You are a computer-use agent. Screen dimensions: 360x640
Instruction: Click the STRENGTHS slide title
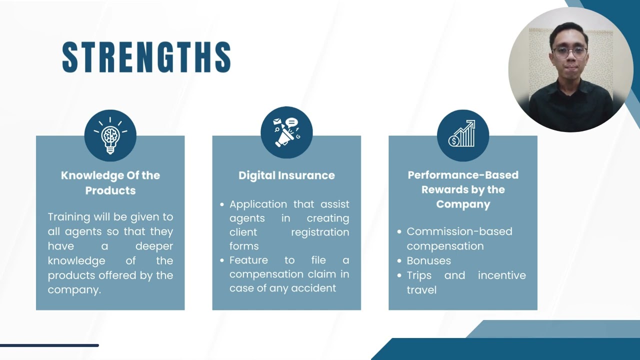[146, 57]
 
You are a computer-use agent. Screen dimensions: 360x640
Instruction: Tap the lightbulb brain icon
[110, 135]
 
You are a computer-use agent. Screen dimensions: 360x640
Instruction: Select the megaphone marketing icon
[286, 132]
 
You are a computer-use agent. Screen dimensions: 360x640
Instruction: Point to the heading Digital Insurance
[286, 175]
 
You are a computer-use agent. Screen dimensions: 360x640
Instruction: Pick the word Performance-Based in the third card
[463, 175]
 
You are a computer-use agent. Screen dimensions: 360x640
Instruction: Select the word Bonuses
[428, 260]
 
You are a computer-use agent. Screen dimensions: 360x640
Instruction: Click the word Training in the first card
[69, 217]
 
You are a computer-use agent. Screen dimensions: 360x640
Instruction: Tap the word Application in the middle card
[258, 204]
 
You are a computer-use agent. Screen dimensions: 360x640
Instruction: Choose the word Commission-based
[459, 231]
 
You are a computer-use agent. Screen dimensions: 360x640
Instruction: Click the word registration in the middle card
[320, 232]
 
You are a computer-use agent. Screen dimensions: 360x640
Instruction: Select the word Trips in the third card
[419, 275]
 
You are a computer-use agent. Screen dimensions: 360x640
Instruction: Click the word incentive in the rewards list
[501, 275]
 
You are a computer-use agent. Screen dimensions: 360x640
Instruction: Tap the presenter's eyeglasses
[569, 51]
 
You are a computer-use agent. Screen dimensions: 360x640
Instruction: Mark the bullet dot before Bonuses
[399, 261]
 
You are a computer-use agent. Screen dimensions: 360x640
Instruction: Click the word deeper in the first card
[154, 246]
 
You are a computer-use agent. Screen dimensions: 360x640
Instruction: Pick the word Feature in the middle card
[248, 260]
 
